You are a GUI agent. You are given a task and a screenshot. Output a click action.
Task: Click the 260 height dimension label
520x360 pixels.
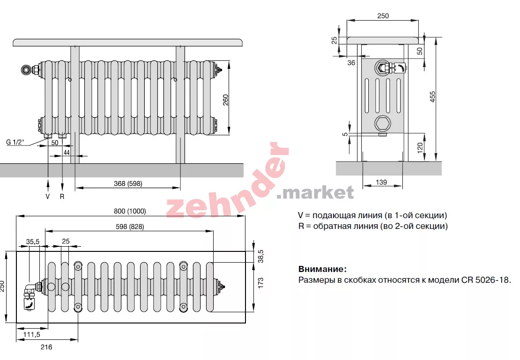point(226,100)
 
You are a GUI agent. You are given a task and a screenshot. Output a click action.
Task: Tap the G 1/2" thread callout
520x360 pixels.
point(15,142)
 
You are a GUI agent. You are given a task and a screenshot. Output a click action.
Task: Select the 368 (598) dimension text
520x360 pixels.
point(128,184)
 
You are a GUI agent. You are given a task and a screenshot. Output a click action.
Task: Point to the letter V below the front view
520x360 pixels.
point(48,197)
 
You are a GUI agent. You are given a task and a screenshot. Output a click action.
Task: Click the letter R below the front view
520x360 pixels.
point(62,197)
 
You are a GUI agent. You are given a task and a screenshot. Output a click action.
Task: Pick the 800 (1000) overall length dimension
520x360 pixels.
point(130,211)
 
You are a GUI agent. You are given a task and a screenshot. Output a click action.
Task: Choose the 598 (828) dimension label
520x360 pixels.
point(130,227)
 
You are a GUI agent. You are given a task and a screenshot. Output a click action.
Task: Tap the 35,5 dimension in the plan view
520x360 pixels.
point(33,242)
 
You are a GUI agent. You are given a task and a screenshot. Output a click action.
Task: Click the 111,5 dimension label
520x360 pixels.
point(32,334)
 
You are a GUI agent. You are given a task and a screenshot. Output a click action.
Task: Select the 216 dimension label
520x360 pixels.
point(46,347)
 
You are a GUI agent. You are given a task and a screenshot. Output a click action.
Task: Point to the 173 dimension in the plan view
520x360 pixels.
point(260,283)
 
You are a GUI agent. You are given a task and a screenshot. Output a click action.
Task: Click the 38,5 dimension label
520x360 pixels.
point(260,256)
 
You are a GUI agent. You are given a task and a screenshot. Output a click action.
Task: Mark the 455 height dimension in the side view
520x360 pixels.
point(432,97)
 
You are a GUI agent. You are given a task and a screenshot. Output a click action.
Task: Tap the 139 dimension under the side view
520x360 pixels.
point(381,182)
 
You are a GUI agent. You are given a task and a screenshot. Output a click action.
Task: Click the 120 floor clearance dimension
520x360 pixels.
point(420,147)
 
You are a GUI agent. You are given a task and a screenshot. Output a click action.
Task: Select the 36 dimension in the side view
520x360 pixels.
point(351,63)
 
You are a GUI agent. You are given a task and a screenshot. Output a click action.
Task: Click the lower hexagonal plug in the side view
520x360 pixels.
point(383,123)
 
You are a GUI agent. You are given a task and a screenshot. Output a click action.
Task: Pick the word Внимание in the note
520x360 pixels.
point(322,269)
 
